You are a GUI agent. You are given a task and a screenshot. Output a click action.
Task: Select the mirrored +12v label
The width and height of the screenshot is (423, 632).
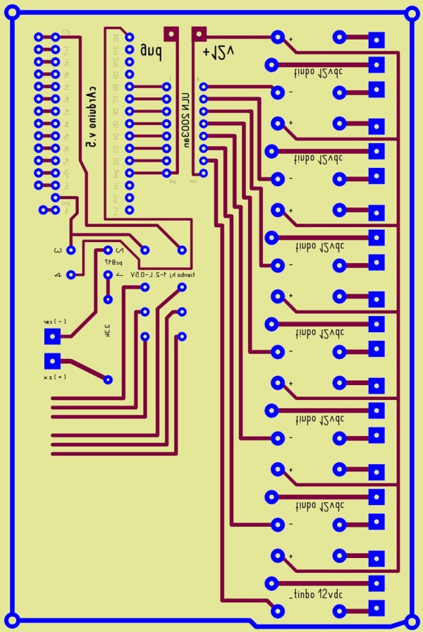[x=218, y=51]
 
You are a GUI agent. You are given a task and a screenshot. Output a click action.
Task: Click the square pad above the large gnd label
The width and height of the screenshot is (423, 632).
[x=170, y=33]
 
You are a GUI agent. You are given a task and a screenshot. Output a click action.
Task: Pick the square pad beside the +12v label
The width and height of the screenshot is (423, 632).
[x=199, y=33]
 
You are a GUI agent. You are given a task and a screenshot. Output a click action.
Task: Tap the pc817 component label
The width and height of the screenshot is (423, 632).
[x=113, y=262]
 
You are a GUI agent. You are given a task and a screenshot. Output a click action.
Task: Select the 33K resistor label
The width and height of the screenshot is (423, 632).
[x=106, y=329]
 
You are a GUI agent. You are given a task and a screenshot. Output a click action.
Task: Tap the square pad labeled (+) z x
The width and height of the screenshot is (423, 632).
[x=51, y=360]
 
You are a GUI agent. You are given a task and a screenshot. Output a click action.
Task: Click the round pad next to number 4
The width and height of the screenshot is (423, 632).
[x=72, y=275]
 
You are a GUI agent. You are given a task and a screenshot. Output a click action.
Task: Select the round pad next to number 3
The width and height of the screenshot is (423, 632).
[x=72, y=249]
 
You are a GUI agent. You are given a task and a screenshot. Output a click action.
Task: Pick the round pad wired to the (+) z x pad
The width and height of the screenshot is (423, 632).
[x=108, y=379]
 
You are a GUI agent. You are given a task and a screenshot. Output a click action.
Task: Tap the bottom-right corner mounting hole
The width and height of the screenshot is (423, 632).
[x=411, y=622]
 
